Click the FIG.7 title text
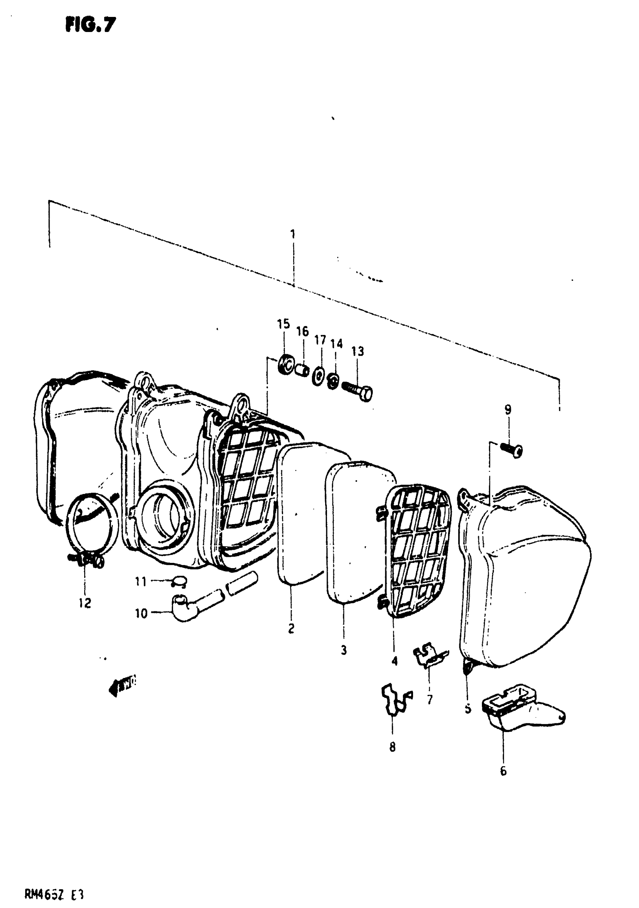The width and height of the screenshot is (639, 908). coord(91,25)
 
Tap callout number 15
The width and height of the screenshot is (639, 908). coord(283,324)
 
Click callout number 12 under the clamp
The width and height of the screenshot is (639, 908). coord(85,603)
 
